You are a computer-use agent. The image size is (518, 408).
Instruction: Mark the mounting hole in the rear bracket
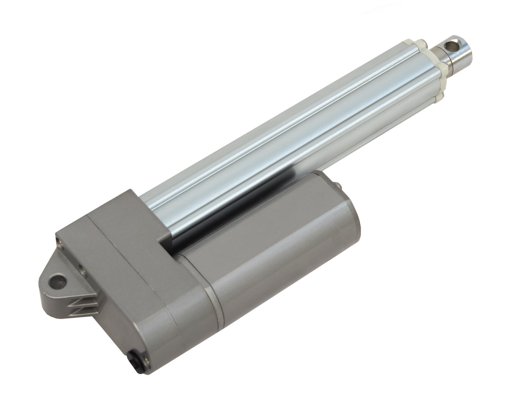pyautogui.click(x=57, y=282)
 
